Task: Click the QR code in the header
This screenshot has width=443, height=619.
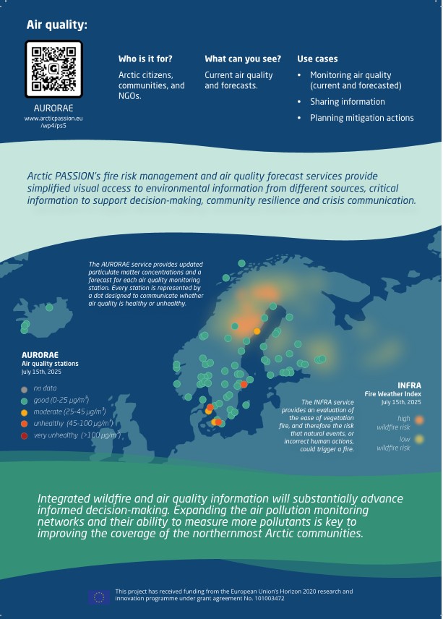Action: point(53,69)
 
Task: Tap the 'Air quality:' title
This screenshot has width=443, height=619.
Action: point(57,25)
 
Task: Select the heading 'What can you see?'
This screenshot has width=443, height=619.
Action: point(238,59)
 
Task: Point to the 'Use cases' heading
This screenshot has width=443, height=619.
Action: point(317,59)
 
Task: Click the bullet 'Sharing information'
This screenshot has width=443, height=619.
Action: point(347,102)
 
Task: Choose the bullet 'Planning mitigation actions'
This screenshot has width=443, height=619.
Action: point(361,118)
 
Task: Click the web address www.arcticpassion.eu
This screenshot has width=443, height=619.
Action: point(53,118)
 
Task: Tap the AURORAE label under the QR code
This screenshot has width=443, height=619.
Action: point(53,108)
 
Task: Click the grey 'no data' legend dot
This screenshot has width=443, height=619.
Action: point(25,388)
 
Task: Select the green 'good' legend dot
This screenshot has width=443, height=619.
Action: point(25,399)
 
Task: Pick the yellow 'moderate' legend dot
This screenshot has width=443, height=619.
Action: point(25,411)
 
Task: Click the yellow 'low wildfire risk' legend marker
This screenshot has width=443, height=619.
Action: point(419,440)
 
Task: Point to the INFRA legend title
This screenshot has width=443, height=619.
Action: point(409,385)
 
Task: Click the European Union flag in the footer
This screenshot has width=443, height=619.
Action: point(99,596)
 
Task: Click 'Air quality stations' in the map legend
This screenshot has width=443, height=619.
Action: point(50,363)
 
